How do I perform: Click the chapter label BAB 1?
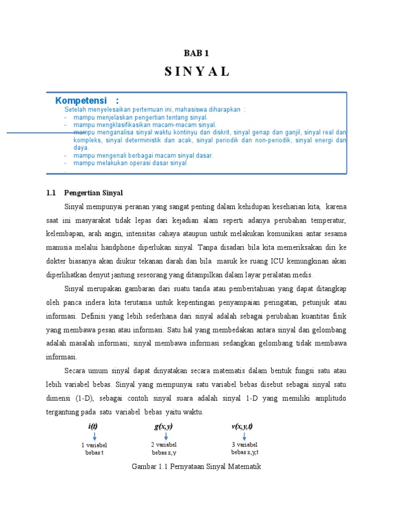pos(196,53)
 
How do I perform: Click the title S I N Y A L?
pos(197,72)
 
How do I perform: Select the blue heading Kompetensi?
pos(81,100)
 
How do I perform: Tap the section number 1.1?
pos(50,193)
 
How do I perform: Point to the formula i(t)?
pos(93,427)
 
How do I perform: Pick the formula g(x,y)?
pos(164,426)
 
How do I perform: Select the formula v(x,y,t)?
pos(242,426)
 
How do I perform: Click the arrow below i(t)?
pos(95,436)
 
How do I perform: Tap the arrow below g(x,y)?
pos(166,436)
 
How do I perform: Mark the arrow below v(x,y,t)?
pos(244,436)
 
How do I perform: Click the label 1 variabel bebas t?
pos(95,449)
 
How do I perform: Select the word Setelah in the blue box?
pos(75,110)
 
